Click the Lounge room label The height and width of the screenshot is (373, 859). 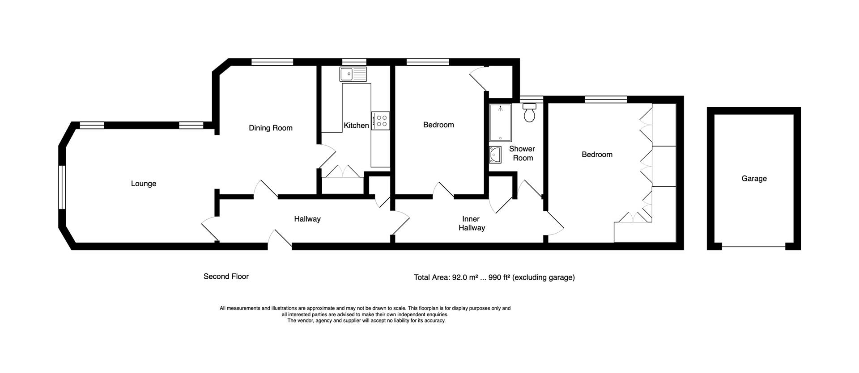143,184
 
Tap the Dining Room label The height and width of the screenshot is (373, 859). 270,128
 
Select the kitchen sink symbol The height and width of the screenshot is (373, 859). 353,74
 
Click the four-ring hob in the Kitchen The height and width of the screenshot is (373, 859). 382,121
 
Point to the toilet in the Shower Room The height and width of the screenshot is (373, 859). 529,113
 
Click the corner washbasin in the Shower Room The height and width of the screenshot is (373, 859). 495,154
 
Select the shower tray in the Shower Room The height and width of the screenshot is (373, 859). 500,123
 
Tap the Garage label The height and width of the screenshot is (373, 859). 754,179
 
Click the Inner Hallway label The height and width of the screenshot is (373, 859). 471,223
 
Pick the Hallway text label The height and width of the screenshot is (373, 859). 307,219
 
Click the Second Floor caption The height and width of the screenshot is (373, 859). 226,277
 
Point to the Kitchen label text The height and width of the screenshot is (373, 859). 356,126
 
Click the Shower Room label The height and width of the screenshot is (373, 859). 522,153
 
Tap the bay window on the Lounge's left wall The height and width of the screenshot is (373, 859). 62,187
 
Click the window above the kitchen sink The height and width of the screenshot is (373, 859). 354,62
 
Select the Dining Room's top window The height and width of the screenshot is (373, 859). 272,62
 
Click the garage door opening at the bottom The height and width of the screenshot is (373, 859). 753,246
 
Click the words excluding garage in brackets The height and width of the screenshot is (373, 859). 544,277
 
